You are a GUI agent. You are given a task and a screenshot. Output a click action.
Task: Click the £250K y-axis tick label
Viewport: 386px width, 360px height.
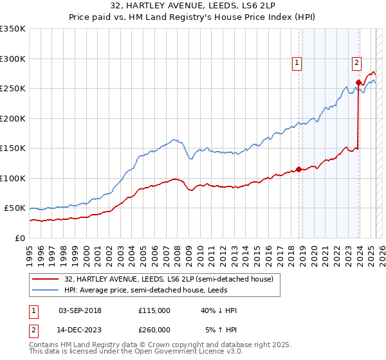point(12,89)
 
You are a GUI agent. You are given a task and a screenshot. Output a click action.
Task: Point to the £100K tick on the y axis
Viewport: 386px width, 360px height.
point(12,178)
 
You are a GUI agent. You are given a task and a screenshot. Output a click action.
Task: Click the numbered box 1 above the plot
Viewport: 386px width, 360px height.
point(297,62)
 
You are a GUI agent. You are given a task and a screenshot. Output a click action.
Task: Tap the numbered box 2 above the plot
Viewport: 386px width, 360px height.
point(356,62)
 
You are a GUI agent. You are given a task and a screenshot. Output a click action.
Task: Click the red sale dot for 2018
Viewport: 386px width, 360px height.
point(299,170)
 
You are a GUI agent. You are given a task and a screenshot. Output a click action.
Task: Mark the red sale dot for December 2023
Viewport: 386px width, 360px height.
point(358,83)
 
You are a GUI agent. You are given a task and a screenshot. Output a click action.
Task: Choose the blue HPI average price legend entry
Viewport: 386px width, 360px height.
point(160,291)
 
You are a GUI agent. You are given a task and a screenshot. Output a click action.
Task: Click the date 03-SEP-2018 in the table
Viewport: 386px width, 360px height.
point(80,310)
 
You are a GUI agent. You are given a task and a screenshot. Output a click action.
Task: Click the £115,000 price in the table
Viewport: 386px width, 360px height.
point(154,310)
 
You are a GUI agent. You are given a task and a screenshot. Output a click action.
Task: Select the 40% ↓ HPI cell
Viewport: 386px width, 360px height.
point(219,310)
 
